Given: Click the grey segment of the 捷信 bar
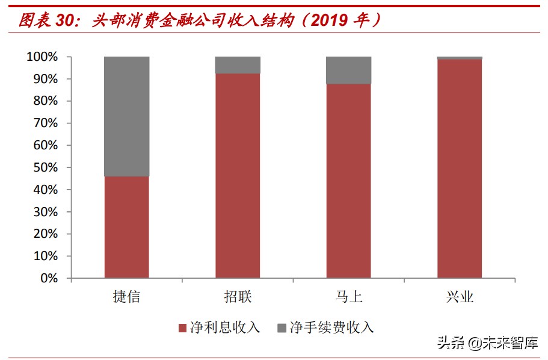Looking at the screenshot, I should pyautogui.click(x=127, y=116).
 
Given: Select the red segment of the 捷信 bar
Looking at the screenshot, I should pyautogui.click(x=127, y=227).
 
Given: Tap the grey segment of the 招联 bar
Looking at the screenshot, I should pyautogui.click(x=238, y=65).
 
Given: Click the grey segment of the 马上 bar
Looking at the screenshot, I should pyautogui.click(x=348, y=70).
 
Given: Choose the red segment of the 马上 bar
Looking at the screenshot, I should pyautogui.click(x=348, y=181).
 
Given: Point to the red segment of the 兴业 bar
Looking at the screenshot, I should pyautogui.click(x=460, y=169).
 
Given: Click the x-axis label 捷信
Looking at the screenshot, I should pyautogui.click(x=126, y=296).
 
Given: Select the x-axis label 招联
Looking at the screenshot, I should pyautogui.click(x=238, y=296).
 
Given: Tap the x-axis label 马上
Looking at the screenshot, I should pyautogui.click(x=349, y=296).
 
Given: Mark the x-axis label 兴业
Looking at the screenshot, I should pyautogui.click(x=460, y=296).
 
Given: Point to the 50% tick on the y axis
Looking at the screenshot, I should pyautogui.click(x=45, y=167).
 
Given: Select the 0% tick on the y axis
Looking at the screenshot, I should pyautogui.click(x=48, y=278).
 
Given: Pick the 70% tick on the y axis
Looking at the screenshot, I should pyautogui.click(x=45, y=123).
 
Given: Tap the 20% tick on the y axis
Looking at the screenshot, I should pyautogui.click(x=45, y=234).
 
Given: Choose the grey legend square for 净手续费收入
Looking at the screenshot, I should pyautogui.click(x=282, y=328).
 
